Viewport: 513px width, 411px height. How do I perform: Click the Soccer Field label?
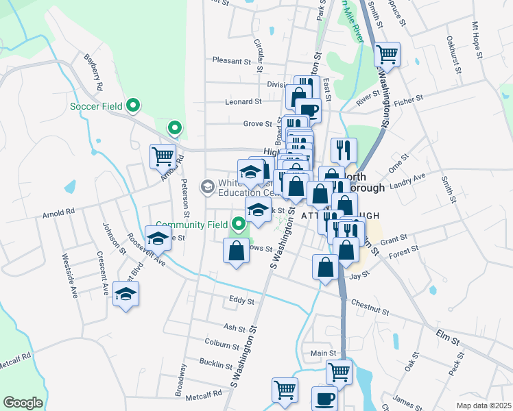[96, 106]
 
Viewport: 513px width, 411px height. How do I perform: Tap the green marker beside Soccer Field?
[134, 105]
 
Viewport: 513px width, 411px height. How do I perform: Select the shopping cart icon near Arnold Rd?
[163, 155]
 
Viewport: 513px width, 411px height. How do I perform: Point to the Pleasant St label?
[232, 61]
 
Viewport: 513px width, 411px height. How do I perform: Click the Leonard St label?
[243, 101]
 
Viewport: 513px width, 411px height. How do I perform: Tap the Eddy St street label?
[241, 301]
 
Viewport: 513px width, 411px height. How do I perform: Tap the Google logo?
[23, 403]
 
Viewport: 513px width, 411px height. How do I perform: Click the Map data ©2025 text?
[484, 406]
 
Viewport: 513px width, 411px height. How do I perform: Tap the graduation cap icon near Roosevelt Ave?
[158, 238]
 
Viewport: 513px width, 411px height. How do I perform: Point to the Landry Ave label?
[407, 184]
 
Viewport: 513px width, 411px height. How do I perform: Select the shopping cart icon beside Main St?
[339, 372]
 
